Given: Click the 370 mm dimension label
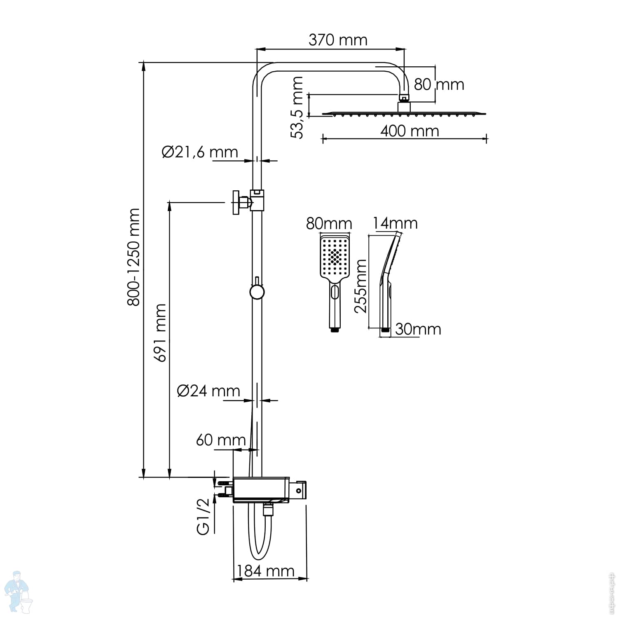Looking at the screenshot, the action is (x=338, y=40).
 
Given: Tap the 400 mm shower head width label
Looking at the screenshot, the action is (x=410, y=131).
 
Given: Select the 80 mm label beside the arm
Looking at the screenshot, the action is (x=439, y=84).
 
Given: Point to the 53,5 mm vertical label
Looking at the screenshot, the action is (x=297, y=108).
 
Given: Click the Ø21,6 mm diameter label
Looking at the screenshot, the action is (x=200, y=152).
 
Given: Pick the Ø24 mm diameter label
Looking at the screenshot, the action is (x=208, y=391).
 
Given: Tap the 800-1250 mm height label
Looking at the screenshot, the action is (x=133, y=257).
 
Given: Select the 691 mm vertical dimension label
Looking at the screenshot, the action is (x=160, y=333).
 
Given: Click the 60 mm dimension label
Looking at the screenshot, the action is (x=221, y=440).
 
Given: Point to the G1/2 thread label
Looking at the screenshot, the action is (x=204, y=517).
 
